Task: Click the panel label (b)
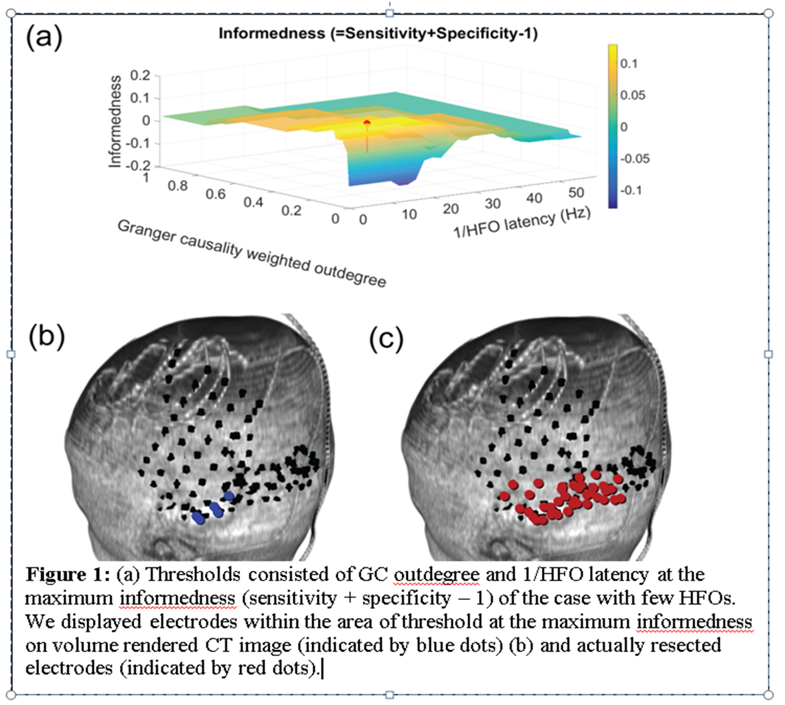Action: [x=46, y=337]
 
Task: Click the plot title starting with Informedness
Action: [x=378, y=33]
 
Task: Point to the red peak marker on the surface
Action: [x=366, y=123]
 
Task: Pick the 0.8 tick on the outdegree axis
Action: [x=177, y=186]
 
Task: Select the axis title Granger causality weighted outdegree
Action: [x=252, y=253]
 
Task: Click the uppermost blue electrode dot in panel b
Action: [x=229, y=496]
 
